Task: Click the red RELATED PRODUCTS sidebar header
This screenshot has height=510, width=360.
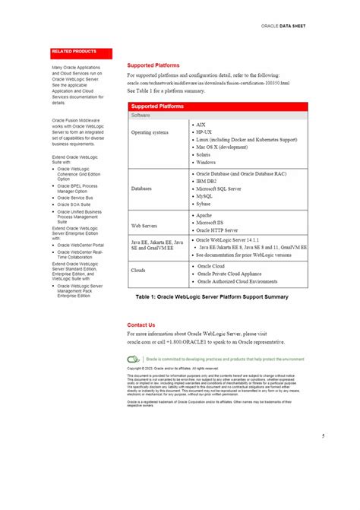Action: pyautogui.click(x=74, y=52)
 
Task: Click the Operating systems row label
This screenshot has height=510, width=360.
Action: pyautogui.click(x=150, y=132)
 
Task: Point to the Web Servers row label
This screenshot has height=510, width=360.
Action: pyautogui.click(x=144, y=226)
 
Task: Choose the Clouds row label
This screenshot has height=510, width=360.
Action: pyautogui.click(x=138, y=270)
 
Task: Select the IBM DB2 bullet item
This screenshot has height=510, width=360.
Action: pyautogui.click(x=207, y=182)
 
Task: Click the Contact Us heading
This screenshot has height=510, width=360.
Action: pyautogui.click(x=141, y=325)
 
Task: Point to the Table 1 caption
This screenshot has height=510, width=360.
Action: pyautogui.click(x=212, y=296)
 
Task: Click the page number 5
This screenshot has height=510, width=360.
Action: pyautogui.click(x=323, y=458)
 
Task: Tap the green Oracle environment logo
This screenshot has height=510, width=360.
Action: pyautogui.click(x=134, y=358)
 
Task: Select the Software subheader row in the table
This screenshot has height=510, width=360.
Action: pyautogui.click(x=141, y=116)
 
